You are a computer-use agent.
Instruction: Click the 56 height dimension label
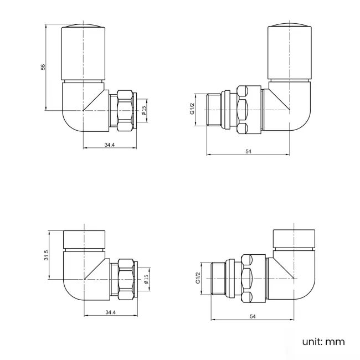[x=43, y=67]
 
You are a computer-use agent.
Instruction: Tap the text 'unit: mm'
[x=323, y=342]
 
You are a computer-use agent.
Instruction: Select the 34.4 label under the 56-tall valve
[x=109, y=145]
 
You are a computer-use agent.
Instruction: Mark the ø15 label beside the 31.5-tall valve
[x=146, y=279]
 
